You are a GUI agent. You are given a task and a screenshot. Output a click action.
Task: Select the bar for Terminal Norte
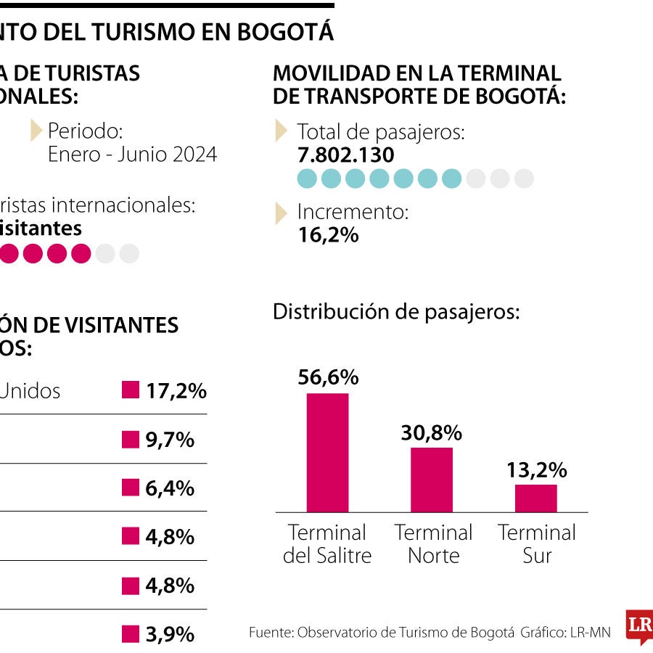click(432, 480)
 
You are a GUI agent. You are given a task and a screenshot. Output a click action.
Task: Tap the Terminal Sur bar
click(536, 498)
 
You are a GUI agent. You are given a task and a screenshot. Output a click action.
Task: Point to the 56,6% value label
click(328, 377)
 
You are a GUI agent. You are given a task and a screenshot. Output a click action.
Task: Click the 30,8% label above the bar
click(432, 432)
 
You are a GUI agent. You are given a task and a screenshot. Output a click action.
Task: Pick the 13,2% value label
click(537, 469)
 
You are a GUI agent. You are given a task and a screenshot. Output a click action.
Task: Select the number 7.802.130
click(346, 155)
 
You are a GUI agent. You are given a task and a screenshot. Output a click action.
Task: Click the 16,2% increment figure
click(328, 235)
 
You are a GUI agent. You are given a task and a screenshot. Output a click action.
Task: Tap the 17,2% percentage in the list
click(176, 391)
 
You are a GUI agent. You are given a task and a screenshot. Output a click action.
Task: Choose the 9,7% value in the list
click(170, 440)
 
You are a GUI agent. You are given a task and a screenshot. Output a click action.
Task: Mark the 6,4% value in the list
click(170, 488)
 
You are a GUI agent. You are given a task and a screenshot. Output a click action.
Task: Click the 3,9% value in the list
click(170, 634)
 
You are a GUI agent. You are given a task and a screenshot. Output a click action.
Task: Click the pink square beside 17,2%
click(130, 390)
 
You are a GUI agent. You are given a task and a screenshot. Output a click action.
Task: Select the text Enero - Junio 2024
click(132, 155)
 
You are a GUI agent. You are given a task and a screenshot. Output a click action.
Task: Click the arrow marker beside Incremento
click(281, 213)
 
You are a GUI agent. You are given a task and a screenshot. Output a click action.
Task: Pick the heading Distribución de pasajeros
click(396, 312)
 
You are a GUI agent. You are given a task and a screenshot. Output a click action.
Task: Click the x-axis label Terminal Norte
click(433, 544)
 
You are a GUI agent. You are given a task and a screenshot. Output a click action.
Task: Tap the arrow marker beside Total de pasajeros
click(281, 131)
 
